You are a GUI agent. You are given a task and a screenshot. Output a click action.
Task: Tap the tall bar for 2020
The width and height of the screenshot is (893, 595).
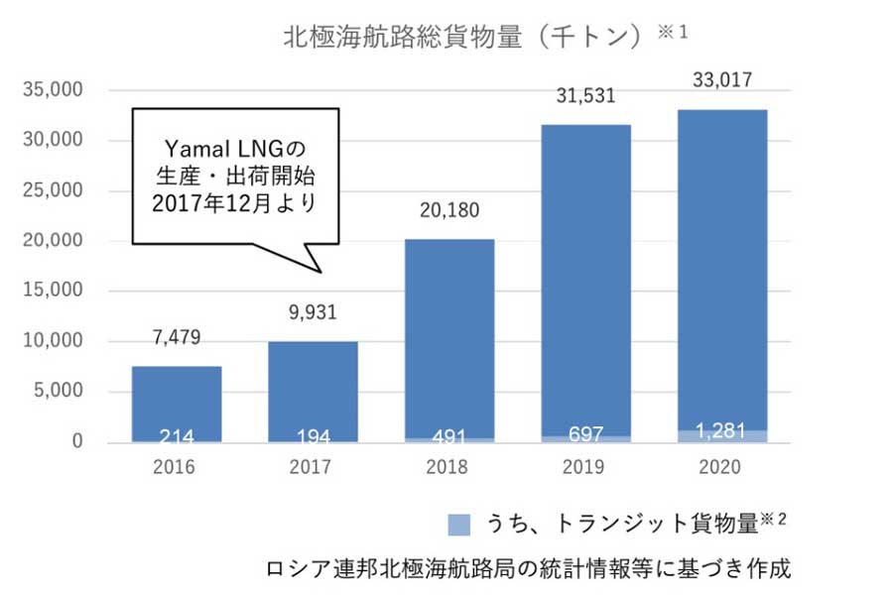pyautogui.click(x=722, y=268)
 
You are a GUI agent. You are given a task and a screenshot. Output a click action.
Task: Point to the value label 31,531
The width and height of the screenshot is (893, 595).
pyautogui.click(x=586, y=96)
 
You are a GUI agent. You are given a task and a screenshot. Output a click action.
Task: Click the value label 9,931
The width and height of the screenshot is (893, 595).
pyautogui.click(x=313, y=314)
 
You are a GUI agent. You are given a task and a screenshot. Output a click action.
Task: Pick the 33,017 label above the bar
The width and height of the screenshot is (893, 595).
pyautogui.click(x=722, y=80)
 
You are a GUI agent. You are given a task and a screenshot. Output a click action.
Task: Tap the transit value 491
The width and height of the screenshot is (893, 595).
pyautogui.click(x=449, y=435)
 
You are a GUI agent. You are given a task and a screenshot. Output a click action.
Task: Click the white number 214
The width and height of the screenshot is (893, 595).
pyautogui.click(x=177, y=435)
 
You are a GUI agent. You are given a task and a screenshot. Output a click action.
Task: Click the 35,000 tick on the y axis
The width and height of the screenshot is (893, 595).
pyautogui.click(x=52, y=90)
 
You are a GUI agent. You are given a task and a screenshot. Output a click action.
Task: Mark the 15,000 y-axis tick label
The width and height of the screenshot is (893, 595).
pyautogui.click(x=52, y=292)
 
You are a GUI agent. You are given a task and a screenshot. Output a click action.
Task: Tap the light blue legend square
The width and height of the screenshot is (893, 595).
pyautogui.click(x=458, y=521)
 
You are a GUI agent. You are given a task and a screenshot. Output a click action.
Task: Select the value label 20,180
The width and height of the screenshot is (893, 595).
pyautogui.click(x=449, y=212)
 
